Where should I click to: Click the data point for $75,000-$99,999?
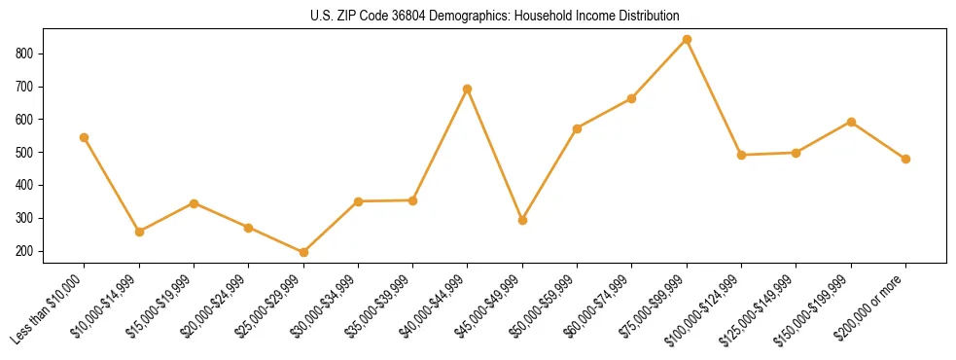687,40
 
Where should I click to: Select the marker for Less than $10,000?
85,137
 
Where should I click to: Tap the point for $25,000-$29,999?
303,252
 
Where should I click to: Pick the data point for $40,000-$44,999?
468,89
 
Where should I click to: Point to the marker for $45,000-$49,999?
522,220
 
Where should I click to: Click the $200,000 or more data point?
905,159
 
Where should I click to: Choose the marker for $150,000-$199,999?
851,122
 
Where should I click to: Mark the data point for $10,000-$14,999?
139,232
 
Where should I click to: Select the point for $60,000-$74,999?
632,98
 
